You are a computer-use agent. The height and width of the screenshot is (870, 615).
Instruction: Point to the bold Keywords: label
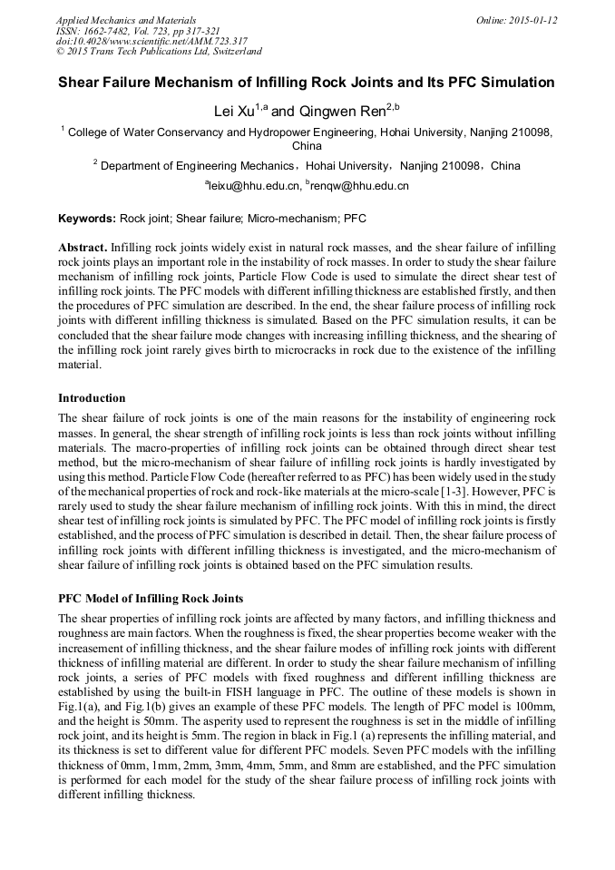(x=87, y=220)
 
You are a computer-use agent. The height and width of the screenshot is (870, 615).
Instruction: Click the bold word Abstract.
(x=83, y=248)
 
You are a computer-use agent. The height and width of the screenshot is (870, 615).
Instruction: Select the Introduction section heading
(x=92, y=398)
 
